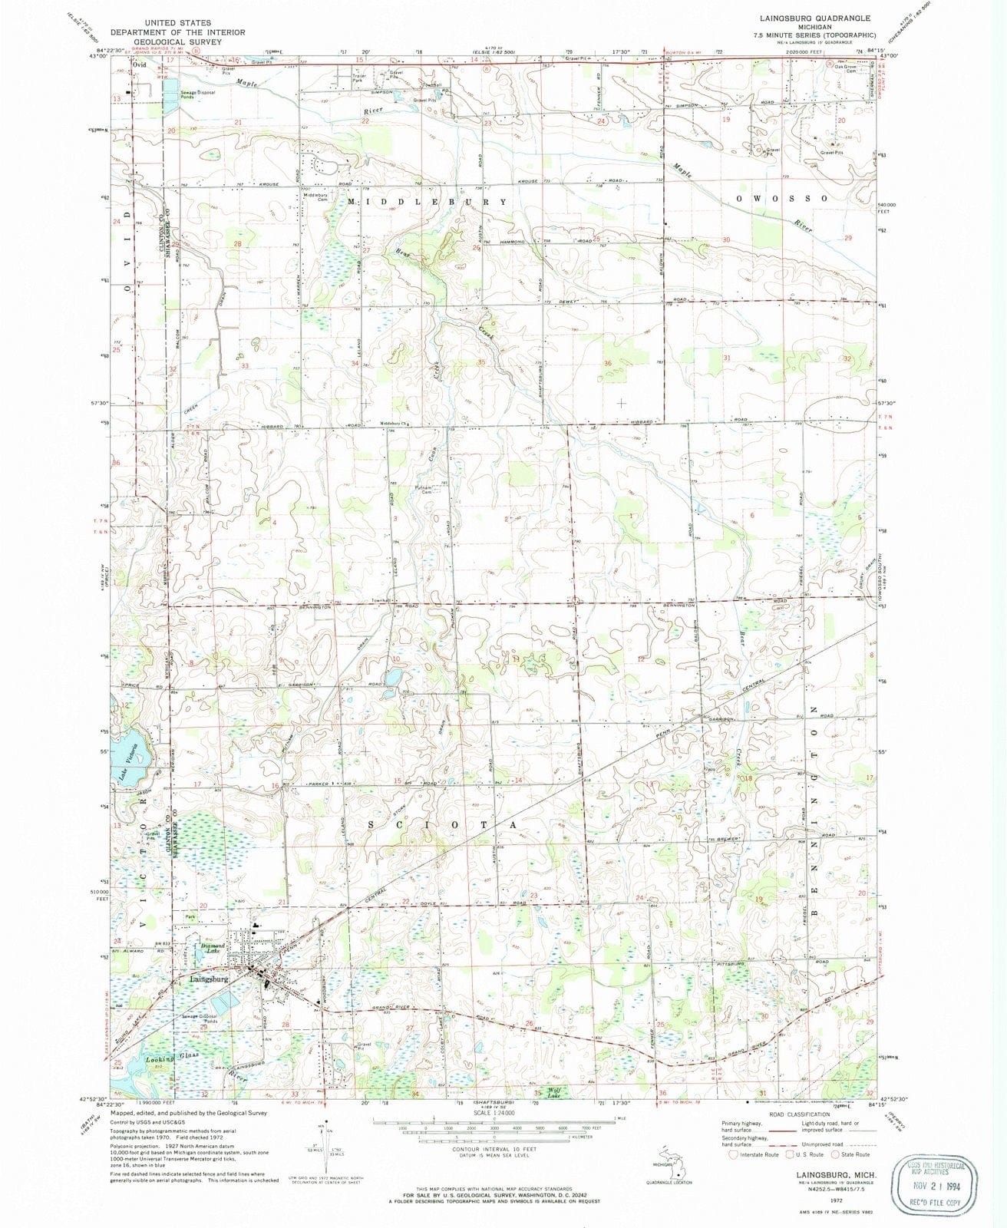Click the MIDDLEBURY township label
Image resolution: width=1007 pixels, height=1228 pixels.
(428, 201)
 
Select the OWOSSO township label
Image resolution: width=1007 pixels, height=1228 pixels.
(782, 198)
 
